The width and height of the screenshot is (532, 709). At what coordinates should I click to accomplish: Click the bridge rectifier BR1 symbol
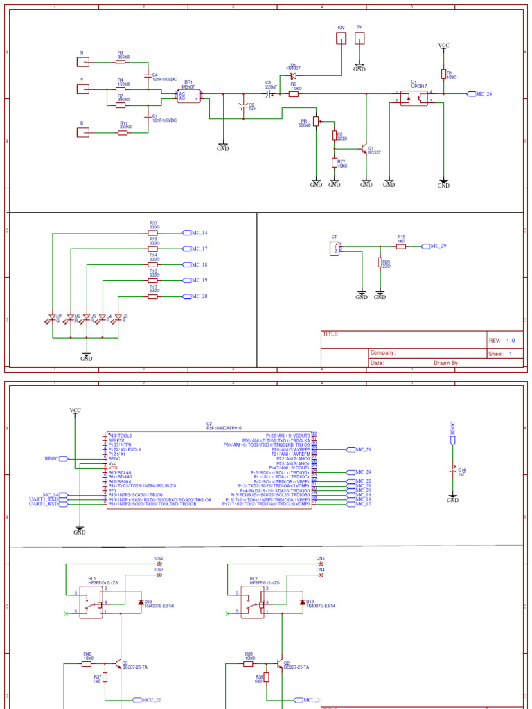pos(189,96)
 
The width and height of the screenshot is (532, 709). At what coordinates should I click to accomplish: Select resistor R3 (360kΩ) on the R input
pos(121,61)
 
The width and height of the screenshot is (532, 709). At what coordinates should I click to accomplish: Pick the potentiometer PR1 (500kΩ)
pos(316,121)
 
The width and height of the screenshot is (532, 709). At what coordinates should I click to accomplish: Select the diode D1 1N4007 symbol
pos(293,75)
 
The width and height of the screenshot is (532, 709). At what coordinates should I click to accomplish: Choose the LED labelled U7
pos(52,318)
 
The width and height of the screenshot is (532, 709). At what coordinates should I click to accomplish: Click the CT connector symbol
pos(335,248)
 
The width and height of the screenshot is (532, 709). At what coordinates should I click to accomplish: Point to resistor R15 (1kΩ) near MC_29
pos(401,246)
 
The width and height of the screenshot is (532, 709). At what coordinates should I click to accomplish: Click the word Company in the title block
pos(382,352)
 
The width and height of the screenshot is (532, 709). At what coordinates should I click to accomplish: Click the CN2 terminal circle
pos(159,564)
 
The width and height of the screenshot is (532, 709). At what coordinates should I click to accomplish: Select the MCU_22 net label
pos(150,701)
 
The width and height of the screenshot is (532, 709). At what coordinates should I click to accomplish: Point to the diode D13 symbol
pos(141,602)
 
